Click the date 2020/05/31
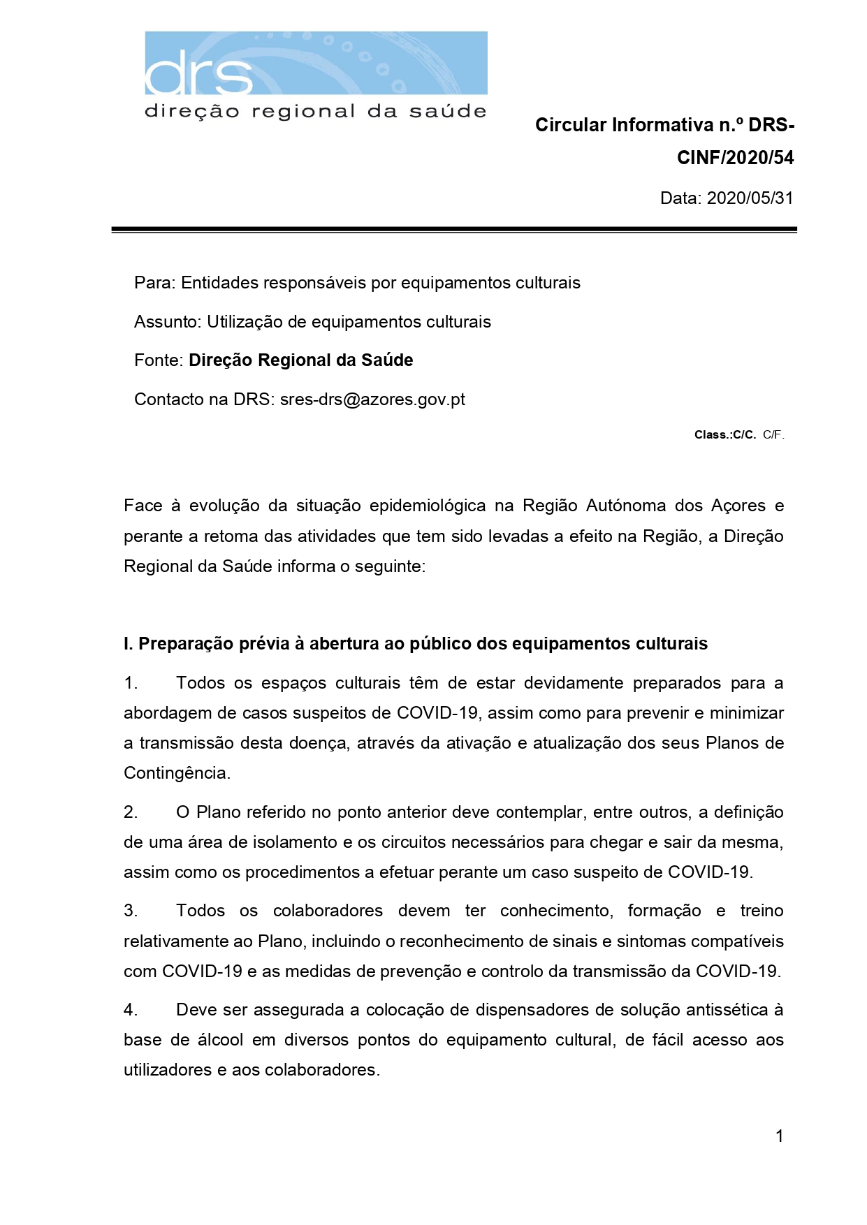click(x=750, y=198)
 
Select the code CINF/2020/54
click(x=735, y=158)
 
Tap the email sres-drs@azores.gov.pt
click(x=372, y=399)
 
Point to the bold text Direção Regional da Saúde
click(x=300, y=360)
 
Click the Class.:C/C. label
click(x=724, y=435)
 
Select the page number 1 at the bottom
click(x=779, y=1136)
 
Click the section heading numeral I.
click(x=128, y=644)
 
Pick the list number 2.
click(x=131, y=812)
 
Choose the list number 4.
click(x=131, y=1010)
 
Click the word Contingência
click(x=176, y=773)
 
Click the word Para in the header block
click(x=153, y=283)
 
